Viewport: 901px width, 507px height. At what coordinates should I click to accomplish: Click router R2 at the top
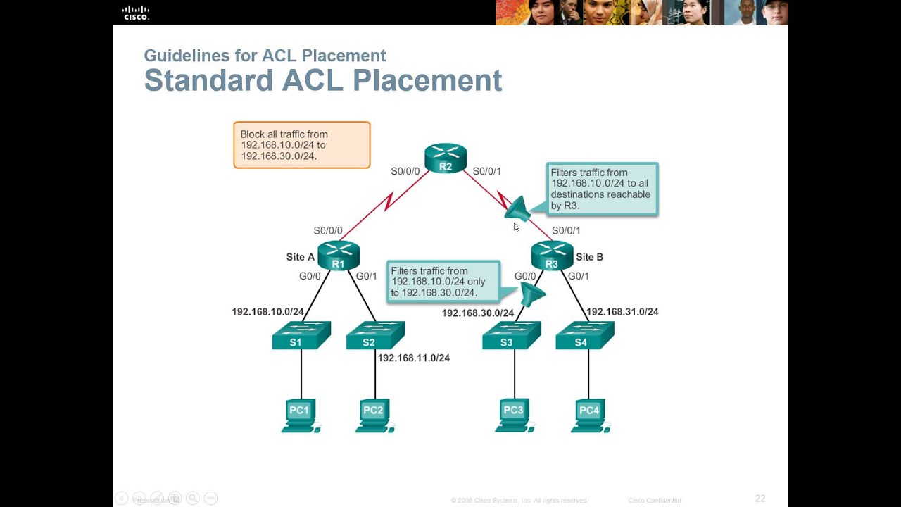point(446,158)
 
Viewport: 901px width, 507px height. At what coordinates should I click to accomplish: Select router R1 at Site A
point(339,256)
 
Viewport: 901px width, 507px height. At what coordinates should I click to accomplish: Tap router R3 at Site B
point(552,256)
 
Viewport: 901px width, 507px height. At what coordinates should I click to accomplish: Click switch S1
point(301,336)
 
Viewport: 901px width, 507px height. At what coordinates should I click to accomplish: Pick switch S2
point(374,336)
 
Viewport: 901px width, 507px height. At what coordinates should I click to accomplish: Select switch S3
point(511,336)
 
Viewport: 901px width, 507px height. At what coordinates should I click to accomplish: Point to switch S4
point(584,336)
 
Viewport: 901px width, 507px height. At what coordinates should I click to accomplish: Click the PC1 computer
point(301,415)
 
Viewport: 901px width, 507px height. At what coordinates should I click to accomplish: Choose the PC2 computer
point(374,415)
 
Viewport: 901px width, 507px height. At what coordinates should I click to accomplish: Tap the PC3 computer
point(515,415)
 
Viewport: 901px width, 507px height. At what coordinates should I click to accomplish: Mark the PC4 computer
point(589,415)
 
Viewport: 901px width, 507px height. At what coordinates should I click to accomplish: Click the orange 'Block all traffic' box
point(301,145)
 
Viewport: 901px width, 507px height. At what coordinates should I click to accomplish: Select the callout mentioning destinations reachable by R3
point(603,189)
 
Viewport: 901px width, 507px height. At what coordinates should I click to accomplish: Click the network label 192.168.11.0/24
point(413,358)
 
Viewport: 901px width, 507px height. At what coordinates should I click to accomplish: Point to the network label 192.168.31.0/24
point(622,311)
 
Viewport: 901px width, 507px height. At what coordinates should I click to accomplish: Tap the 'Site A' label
point(300,257)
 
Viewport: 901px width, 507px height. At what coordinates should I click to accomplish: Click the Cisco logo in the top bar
point(136,12)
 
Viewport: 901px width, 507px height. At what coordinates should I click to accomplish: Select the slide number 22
point(760,499)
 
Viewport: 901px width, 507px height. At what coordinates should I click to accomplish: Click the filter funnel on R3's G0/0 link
point(531,294)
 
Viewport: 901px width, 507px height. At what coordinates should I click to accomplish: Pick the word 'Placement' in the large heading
point(427,81)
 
